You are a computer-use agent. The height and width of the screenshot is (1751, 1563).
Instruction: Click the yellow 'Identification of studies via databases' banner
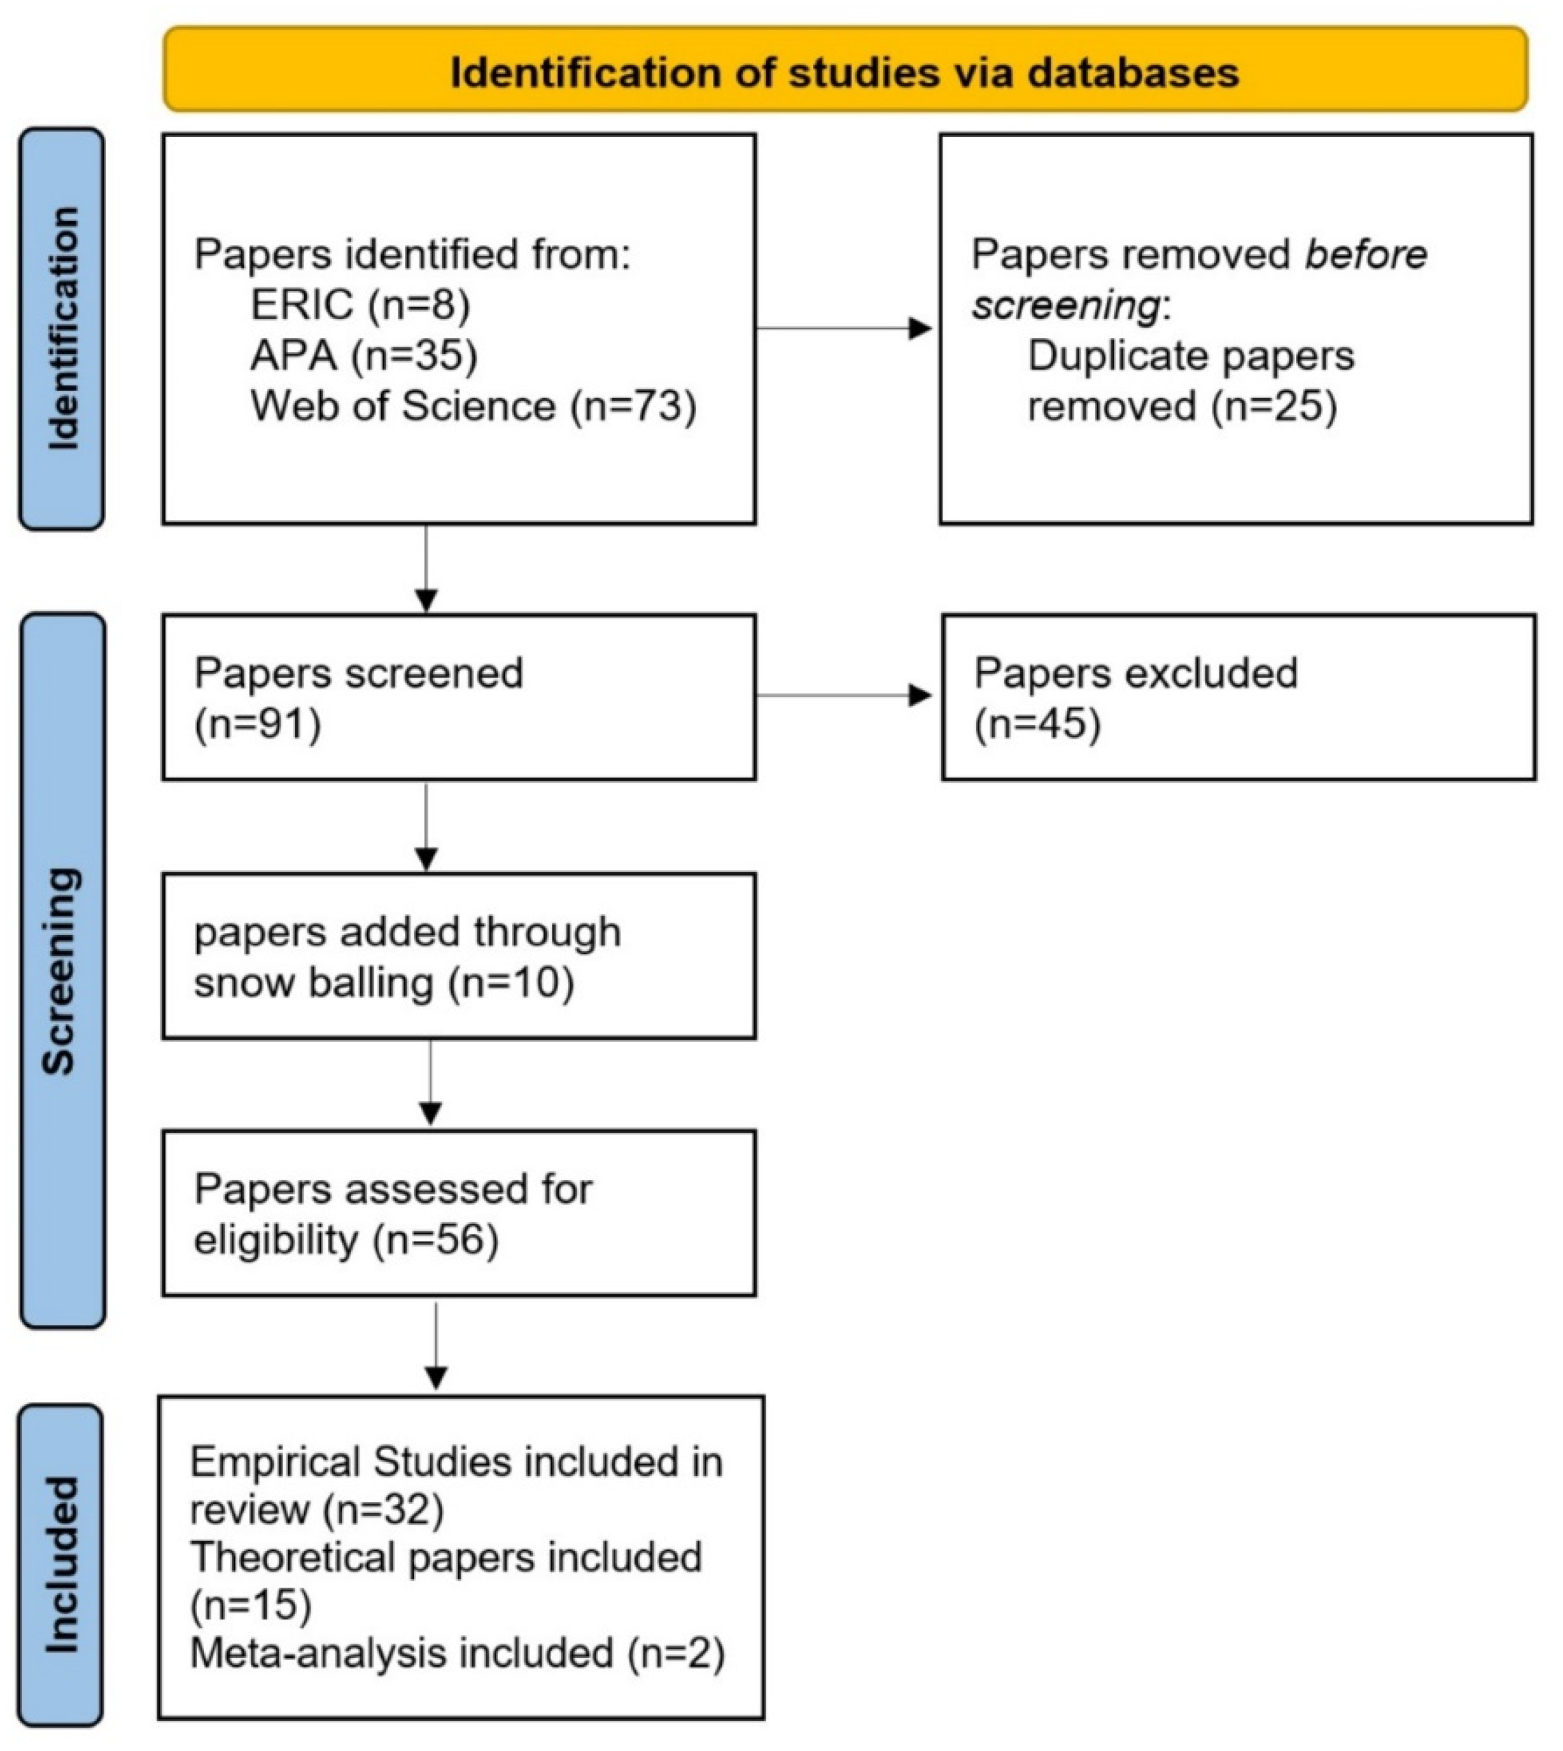click(845, 71)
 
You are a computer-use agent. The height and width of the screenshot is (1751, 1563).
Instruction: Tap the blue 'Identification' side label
click(62, 329)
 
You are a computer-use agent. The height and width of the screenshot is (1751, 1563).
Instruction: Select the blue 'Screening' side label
click(62, 971)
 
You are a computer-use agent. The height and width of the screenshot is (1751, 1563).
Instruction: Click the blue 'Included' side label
click(62, 1565)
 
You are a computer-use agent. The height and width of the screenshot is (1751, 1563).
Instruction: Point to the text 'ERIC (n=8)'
click(361, 305)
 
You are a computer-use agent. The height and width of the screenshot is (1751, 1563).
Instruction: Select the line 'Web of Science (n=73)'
click(473, 405)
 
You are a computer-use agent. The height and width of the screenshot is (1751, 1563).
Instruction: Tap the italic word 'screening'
click(1065, 305)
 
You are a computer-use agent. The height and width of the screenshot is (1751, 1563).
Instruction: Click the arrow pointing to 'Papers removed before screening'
click(846, 328)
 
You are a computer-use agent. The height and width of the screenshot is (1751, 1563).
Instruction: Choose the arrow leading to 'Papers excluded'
click(846, 695)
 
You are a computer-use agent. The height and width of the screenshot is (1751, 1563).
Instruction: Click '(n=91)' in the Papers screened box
click(257, 724)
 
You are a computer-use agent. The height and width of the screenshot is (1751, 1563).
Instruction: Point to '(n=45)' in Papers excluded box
click(1037, 724)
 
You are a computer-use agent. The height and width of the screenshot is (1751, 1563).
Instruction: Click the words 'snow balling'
click(313, 982)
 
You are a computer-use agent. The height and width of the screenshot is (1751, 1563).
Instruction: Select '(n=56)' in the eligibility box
click(437, 1240)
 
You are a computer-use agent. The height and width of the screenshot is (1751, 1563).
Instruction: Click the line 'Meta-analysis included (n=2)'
click(457, 1654)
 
